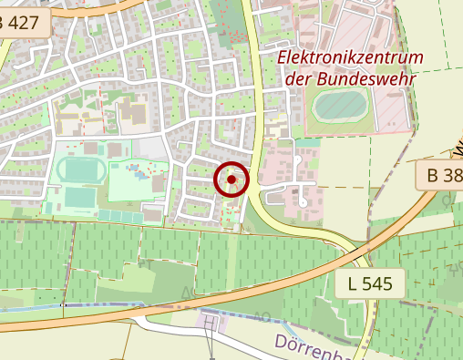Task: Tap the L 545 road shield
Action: (x=369, y=283)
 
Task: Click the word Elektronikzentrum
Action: (x=351, y=58)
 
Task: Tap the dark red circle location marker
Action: (x=232, y=180)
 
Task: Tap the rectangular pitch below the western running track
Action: (x=81, y=196)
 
